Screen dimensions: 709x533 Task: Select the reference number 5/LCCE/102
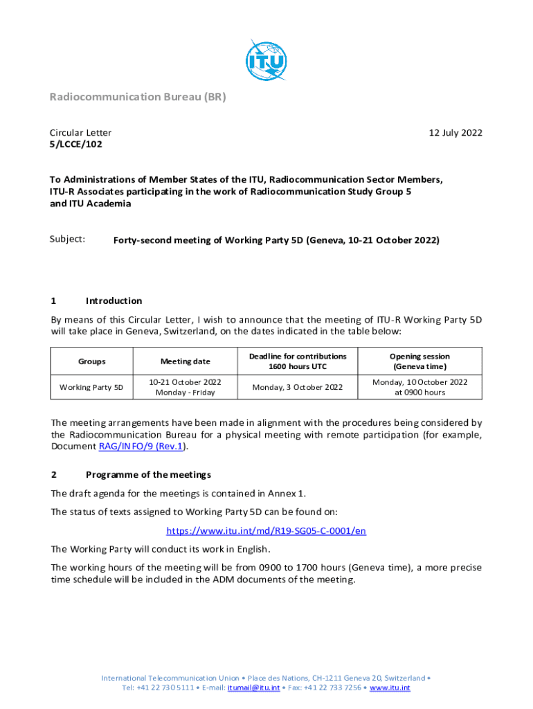tap(75, 144)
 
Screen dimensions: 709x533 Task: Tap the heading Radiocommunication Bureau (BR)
tap(138, 97)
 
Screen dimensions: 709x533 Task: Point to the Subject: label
tap(67, 239)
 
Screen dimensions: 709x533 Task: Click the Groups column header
tap(92, 361)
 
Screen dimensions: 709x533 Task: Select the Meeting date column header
tap(186, 361)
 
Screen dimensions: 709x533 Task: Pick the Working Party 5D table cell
tap(92, 387)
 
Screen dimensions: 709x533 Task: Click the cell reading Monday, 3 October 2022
tap(297, 387)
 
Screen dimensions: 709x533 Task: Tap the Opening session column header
tap(419, 361)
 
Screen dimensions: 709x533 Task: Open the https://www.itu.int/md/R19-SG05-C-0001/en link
tap(266, 531)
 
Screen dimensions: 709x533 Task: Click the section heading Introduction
tap(114, 301)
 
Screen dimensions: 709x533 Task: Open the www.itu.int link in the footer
tap(390, 688)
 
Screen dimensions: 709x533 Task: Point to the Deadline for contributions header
tap(297, 361)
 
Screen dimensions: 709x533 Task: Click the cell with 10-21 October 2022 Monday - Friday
tap(186, 387)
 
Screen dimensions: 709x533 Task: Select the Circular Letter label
tap(80, 133)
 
